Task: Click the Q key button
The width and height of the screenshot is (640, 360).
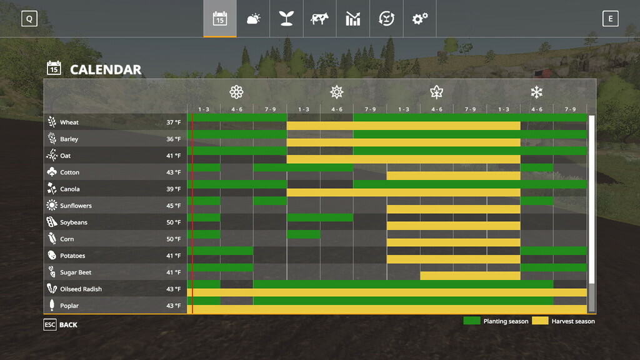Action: click(29, 19)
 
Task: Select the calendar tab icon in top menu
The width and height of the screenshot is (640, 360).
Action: click(219, 19)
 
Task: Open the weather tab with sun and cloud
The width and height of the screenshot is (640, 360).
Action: click(253, 19)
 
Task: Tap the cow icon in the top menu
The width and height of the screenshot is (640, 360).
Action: click(319, 19)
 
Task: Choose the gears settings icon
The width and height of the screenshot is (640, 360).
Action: click(419, 19)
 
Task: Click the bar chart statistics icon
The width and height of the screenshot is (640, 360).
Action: click(353, 19)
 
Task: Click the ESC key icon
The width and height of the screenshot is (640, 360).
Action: click(50, 325)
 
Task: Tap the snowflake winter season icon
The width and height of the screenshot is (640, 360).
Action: click(536, 92)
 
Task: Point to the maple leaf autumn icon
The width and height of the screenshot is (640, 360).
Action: click(436, 92)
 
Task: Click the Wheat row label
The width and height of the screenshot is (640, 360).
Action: click(69, 122)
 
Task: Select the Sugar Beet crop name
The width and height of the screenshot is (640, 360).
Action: click(76, 272)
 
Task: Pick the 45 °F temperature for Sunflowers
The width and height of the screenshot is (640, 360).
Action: click(173, 206)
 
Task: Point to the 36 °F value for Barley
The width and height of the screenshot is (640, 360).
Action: click(173, 139)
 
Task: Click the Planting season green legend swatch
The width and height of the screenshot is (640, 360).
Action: click(471, 321)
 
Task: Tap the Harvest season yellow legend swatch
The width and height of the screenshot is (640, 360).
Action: click(540, 321)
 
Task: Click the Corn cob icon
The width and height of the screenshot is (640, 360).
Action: click(52, 239)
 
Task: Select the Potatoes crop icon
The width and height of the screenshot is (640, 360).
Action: click(52, 256)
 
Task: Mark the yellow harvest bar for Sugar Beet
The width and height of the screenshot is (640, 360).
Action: click(470, 276)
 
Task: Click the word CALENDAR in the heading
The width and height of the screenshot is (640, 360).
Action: click(106, 69)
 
